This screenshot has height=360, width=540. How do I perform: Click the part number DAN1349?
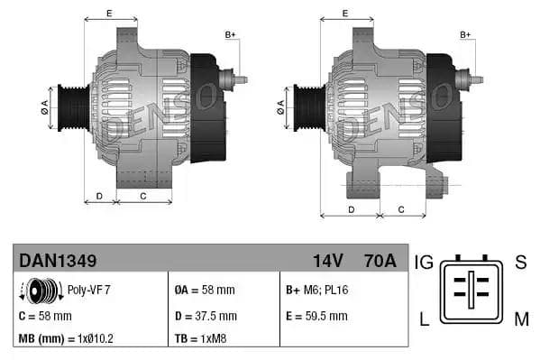click(58, 262)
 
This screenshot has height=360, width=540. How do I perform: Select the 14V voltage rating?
click(327, 262)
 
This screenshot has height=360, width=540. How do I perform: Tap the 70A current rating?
click(378, 262)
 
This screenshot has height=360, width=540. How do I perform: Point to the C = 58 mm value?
click(45, 316)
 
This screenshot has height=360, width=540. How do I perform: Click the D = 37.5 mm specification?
click(205, 316)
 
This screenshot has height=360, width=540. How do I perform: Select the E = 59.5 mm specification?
click(316, 316)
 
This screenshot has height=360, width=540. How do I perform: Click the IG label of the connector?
click(424, 263)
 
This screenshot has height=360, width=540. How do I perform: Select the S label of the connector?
click(520, 263)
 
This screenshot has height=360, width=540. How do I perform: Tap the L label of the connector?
click(423, 318)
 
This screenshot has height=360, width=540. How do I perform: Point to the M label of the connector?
click(521, 318)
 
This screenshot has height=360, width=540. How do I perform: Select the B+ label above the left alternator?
click(230, 35)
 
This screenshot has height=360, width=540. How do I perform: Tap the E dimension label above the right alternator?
click(344, 13)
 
